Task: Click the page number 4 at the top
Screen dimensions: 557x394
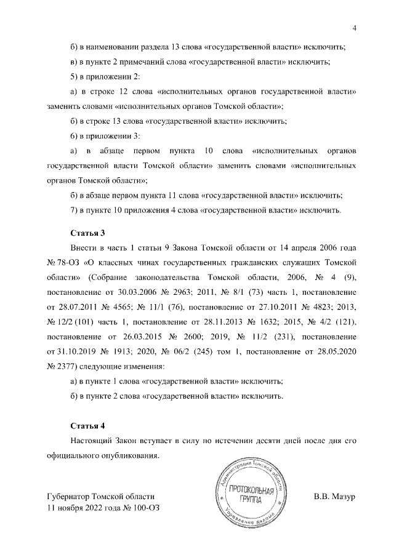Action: (x=355, y=26)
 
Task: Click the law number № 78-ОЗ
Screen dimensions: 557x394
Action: (x=61, y=263)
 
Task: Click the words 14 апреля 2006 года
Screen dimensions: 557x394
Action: (x=313, y=248)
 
